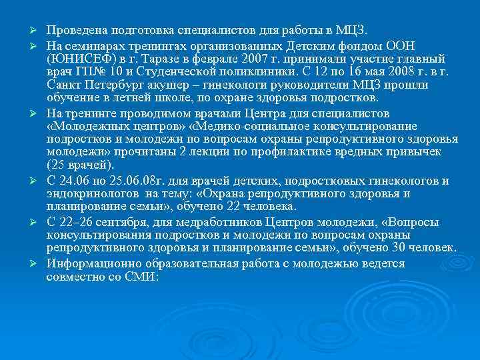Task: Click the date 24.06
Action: [x=76, y=181]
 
